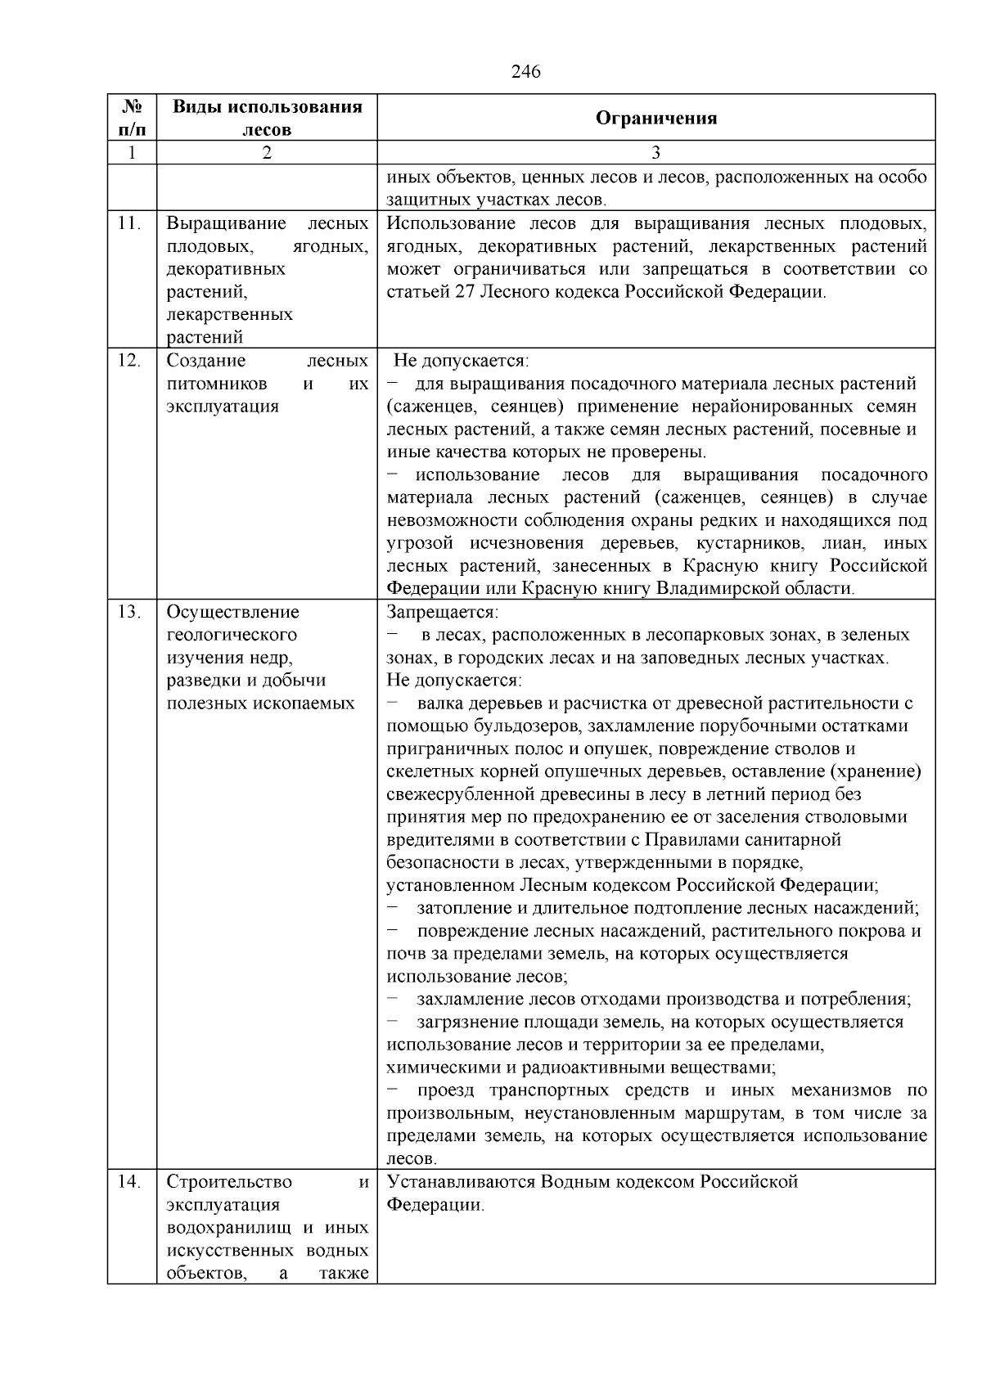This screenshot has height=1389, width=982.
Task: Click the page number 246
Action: pyautogui.click(x=525, y=72)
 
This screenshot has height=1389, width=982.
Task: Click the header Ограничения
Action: pyautogui.click(x=655, y=118)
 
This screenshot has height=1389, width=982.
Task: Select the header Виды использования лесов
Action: pyautogui.click(x=267, y=118)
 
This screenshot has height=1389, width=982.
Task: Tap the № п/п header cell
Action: pyautogui.click(x=132, y=118)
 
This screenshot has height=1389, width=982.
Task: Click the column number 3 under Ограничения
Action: pyautogui.click(x=655, y=153)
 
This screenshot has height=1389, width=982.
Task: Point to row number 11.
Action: pyautogui.click(x=129, y=223)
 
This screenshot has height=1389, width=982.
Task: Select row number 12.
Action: pyautogui.click(x=129, y=361)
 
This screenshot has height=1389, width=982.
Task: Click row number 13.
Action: pyautogui.click(x=129, y=612)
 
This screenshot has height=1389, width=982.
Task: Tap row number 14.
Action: pyautogui.click(x=129, y=1182)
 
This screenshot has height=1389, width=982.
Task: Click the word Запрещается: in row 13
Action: pyautogui.click(x=442, y=612)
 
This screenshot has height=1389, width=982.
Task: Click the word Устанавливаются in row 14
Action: pyautogui.click(x=462, y=1182)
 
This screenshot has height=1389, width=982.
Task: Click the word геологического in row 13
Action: pyautogui.click(x=232, y=635)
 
